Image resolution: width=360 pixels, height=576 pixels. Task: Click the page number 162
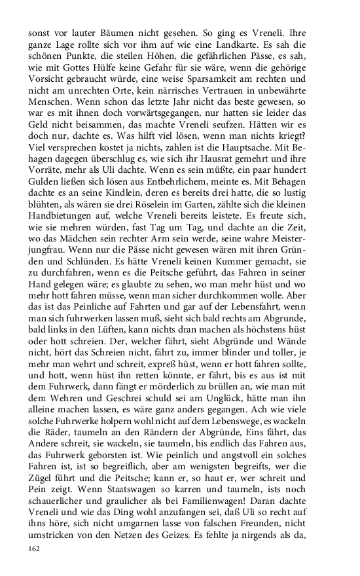click(x=34, y=549)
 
